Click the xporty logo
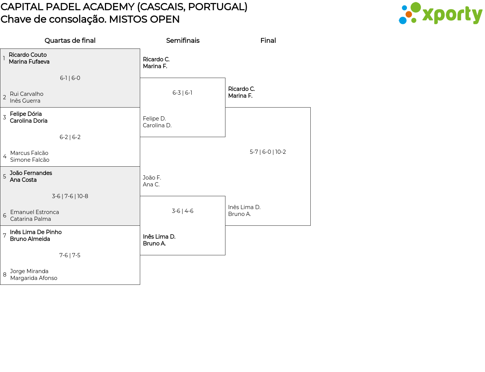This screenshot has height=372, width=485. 440,13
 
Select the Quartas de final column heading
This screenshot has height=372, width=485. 70,41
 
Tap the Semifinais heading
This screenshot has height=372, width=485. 183,41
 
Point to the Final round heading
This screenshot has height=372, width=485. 268,41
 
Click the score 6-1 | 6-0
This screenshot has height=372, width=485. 70,78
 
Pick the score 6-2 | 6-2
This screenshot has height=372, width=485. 70,137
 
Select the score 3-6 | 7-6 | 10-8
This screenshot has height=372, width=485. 70,196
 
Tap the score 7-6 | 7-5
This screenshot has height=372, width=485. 70,255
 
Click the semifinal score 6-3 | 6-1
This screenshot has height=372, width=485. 182,92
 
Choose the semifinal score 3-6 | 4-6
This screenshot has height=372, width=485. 182,211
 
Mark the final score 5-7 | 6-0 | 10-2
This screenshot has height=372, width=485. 268,152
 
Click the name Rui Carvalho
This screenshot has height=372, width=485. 27,94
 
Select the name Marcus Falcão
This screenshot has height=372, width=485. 29,153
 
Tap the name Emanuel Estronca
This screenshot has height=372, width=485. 34,212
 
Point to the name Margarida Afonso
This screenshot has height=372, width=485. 34,278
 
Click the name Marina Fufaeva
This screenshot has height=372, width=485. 29,62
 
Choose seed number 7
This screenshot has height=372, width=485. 5,235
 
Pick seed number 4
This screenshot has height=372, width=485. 5,156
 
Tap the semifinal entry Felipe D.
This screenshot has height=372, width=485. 154,119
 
